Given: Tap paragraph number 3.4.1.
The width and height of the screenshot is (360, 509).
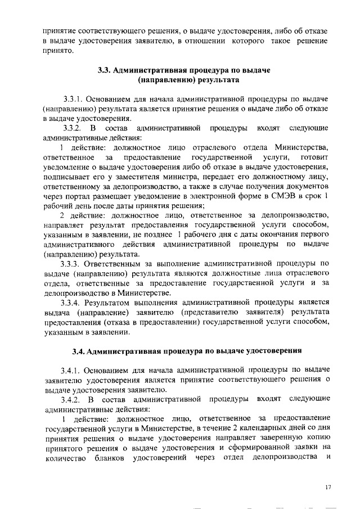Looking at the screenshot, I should pos(74,370).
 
